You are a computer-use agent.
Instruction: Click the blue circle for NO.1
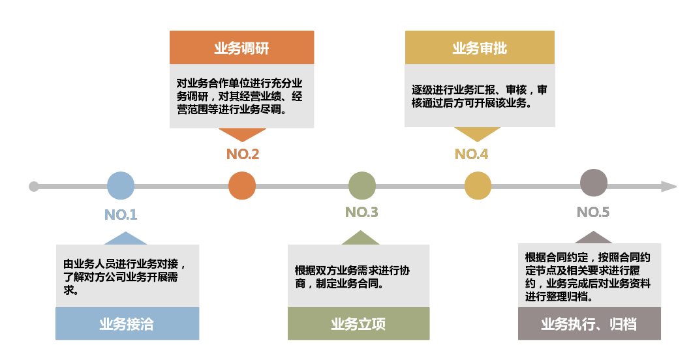coord(121,186)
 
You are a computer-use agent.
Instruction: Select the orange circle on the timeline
coord(242,186)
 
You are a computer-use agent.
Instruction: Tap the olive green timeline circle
coord(362,186)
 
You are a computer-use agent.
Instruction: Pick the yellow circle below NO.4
coord(478,186)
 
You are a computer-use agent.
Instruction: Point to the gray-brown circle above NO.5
coord(594,183)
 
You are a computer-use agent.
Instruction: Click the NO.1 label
coord(121,215)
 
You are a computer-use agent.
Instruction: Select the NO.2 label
coord(243,155)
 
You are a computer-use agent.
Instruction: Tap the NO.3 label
coord(361,212)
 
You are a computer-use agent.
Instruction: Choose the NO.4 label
coord(471,155)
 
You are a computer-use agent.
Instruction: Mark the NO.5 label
coord(593,213)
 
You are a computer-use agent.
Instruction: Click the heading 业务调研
coord(241,48)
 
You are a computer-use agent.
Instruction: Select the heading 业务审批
coord(480,48)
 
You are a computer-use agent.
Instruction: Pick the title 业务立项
coord(358,324)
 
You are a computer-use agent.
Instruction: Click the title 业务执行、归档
coord(589,324)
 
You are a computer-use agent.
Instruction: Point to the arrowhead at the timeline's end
coord(668,187)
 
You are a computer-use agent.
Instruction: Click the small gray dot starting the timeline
coord(34,187)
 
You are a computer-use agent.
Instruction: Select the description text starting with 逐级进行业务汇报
coord(479,96)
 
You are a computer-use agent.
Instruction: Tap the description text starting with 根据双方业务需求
coord(352,277)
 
